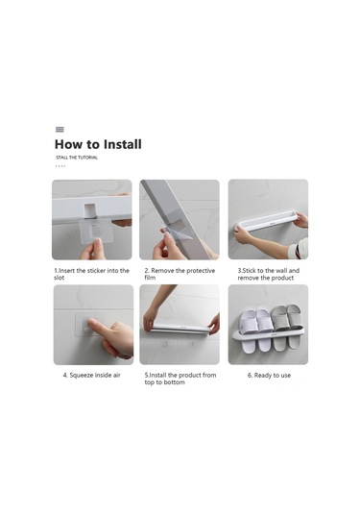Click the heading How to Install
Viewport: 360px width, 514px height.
click(x=98, y=144)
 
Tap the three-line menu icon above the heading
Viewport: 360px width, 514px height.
click(x=60, y=130)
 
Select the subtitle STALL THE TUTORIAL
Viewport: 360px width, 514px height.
click(x=77, y=158)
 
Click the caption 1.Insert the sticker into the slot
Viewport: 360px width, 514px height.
click(x=92, y=274)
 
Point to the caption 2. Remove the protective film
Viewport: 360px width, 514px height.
click(x=180, y=274)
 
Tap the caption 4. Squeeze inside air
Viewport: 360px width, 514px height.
click(x=92, y=376)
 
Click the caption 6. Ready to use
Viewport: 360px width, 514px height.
click(x=269, y=376)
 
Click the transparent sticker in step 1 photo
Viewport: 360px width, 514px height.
click(x=96, y=232)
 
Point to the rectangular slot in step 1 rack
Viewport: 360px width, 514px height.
click(x=89, y=210)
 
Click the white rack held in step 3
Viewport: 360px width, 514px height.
click(x=266, y=221)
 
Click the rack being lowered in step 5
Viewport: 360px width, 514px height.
click(x=180, y=329)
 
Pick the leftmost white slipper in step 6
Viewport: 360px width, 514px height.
click(x=250, y=331)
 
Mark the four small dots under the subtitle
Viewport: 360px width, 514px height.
click(x=60, y=166)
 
